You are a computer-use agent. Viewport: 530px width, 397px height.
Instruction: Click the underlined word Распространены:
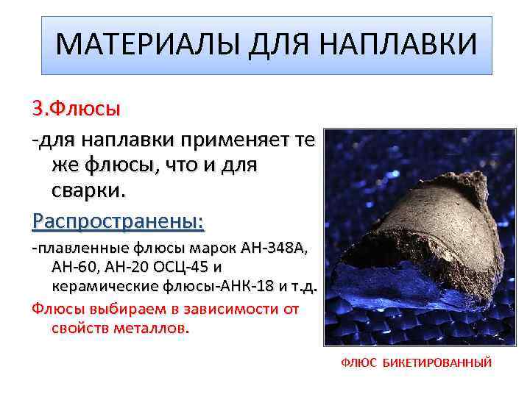tap(118, 221)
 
